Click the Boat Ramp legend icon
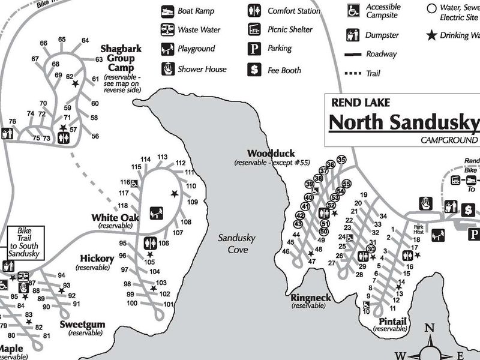(167, 11)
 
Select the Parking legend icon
(255, 49)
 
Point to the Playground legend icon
(167, 49)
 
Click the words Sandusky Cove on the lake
(236, 243)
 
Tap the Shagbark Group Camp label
(121, 58)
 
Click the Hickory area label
(97, 259)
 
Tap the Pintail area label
(392, 322)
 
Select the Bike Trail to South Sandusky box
(23, 243)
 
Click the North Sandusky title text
(404, 121)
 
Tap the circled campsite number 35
(341, 160)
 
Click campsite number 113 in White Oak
(162, 157)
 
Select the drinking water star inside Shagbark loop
(75, 84)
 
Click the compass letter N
(429, 328)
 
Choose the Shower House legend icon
(167, 69)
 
